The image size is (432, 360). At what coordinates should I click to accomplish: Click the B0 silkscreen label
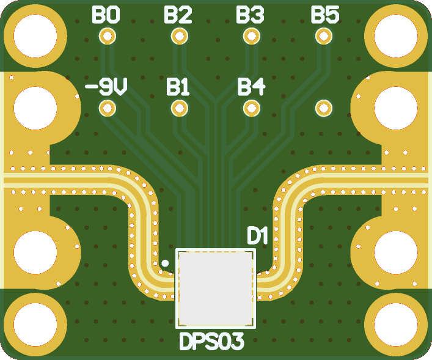pyautogui.click(x=106, y=15)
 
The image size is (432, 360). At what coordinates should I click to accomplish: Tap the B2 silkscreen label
pyautogui.click(x=178, y=15)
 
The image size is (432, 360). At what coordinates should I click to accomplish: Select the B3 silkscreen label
pyautogui.click(x=251, y=15)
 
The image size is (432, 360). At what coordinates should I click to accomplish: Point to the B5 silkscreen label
pyautogui.click(x=324, y=15)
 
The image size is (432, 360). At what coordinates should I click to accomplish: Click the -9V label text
pyautogui.click(x=106, y=88)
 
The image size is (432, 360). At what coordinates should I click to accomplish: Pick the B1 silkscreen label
pyautogui.click(x=178, y=88)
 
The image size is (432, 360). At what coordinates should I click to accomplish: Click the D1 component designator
pyautogui.click(x=257, y=236)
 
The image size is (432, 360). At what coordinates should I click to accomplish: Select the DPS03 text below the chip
pyautogui.click(x=211, y=342)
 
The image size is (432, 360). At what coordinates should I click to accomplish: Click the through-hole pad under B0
pyautogui.click(x=108, y=36)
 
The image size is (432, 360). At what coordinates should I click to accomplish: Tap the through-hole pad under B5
pyautogui.click(x=323, y=36)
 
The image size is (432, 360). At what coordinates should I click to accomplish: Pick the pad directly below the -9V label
pyautogui.click(x=108, y=109)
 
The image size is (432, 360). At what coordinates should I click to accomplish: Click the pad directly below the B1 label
pyautogui.click(x=179, y=109)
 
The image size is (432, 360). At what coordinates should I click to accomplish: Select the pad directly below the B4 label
pyautogui.click(x=251, y=109)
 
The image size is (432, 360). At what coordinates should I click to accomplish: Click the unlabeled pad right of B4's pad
pyautogui.click(x=323, y=109)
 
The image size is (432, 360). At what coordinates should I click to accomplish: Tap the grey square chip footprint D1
pyautogui.click(x=214, y=288)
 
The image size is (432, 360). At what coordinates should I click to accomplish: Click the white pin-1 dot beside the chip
pyautogui.click(x=164, y=264)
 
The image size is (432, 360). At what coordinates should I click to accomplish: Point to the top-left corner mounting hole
pyautogui.click(x=35, y=35)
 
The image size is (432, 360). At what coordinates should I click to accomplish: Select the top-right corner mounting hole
pyautogui.click(x=396, y=35)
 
